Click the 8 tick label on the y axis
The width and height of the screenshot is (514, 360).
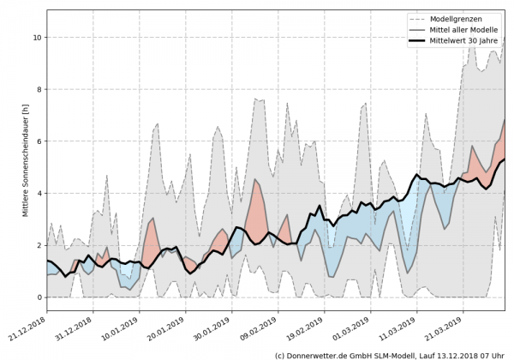[x=38, y=89]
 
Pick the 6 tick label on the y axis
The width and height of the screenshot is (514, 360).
[x=38, y=141]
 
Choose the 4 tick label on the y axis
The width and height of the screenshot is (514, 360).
[x=38, y=194]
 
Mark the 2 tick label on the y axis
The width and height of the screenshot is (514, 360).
[x=38, y=245]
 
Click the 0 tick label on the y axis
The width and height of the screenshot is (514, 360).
[x=38, y=297]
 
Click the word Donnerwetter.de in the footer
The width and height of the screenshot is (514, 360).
[x=322, y=354]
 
